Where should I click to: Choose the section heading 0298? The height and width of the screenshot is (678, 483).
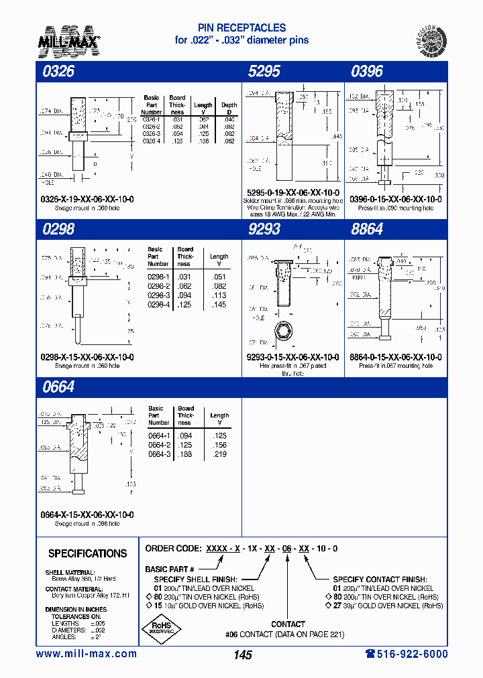pos(58,229)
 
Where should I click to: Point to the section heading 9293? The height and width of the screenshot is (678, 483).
pos(264,229)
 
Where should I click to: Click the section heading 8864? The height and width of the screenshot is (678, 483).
pos(367,229)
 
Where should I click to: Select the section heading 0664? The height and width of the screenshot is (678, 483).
pos(58,387)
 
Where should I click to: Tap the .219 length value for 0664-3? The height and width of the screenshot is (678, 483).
pos(219,455)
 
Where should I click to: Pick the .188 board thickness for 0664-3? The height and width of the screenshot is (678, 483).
pos(186,455)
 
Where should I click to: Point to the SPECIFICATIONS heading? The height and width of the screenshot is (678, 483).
pos(87,553)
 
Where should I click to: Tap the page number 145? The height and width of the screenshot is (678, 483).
pos(242,655)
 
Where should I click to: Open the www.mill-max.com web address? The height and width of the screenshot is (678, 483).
pos(86,654)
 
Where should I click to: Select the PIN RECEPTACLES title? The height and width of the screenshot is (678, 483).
pos(241,28)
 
